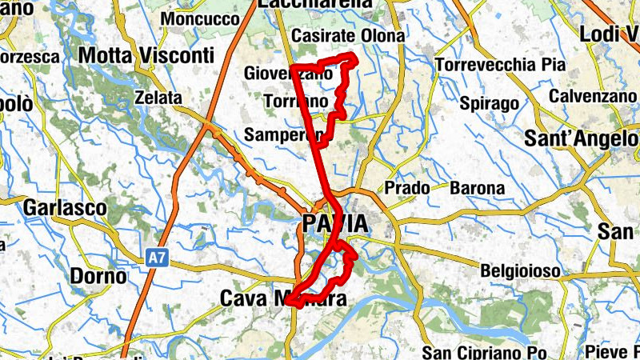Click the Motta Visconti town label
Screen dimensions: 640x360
tap(146, 55)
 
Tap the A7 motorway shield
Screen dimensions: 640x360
tap(158, 258)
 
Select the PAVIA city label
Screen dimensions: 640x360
tap(336, 222)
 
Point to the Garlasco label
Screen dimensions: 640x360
tap(66, 207)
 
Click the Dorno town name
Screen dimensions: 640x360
tap(98, 277)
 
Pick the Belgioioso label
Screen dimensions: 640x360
tap(520, 271)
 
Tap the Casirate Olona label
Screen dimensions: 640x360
tap(348, 37)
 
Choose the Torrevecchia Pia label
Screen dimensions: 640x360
tap(500, 65)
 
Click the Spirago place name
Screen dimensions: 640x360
tap(490, 103)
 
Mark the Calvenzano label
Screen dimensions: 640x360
tap(592, 96)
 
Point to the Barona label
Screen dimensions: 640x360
tap(478, 189)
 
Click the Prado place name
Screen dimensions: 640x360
tap(406, 188)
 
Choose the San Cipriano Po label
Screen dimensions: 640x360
tap(484, 353)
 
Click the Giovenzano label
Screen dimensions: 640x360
tap(288, 74)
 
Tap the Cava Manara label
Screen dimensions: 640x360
tap(282, 299)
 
